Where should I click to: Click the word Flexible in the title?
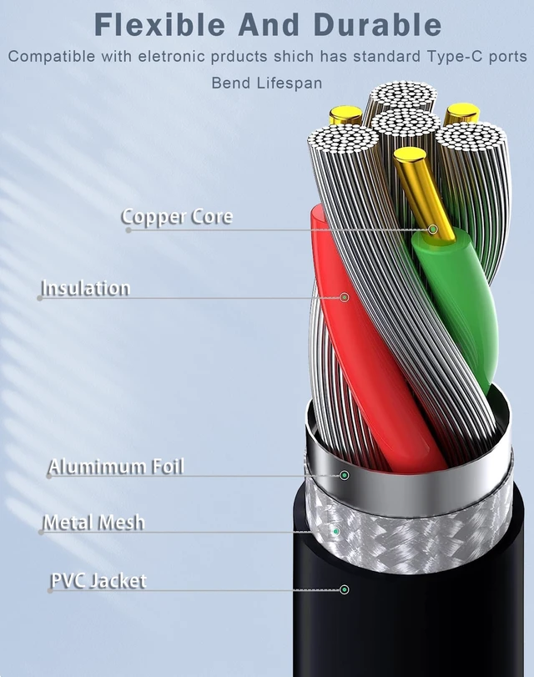[x=159, y=24]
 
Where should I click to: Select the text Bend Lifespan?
[x=267, y=83]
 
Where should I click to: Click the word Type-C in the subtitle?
[x=453, y=57]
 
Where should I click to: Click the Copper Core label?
[x=177, y=217]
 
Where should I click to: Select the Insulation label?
[x=85, y=288]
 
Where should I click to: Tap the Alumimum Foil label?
[x=117, y=467]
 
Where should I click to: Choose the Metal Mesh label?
[x=94, y=523]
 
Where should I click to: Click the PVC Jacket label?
[x=98, y=581]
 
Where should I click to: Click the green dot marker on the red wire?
[x=345, y=297]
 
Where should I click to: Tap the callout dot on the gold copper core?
[x=433, y=229]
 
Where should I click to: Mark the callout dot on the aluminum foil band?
[x=344, y=475]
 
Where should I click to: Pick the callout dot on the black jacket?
[x=344, y=589]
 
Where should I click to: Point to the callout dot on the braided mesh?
[x=336, y=531]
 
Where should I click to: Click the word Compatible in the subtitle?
[x=52, y=57]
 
